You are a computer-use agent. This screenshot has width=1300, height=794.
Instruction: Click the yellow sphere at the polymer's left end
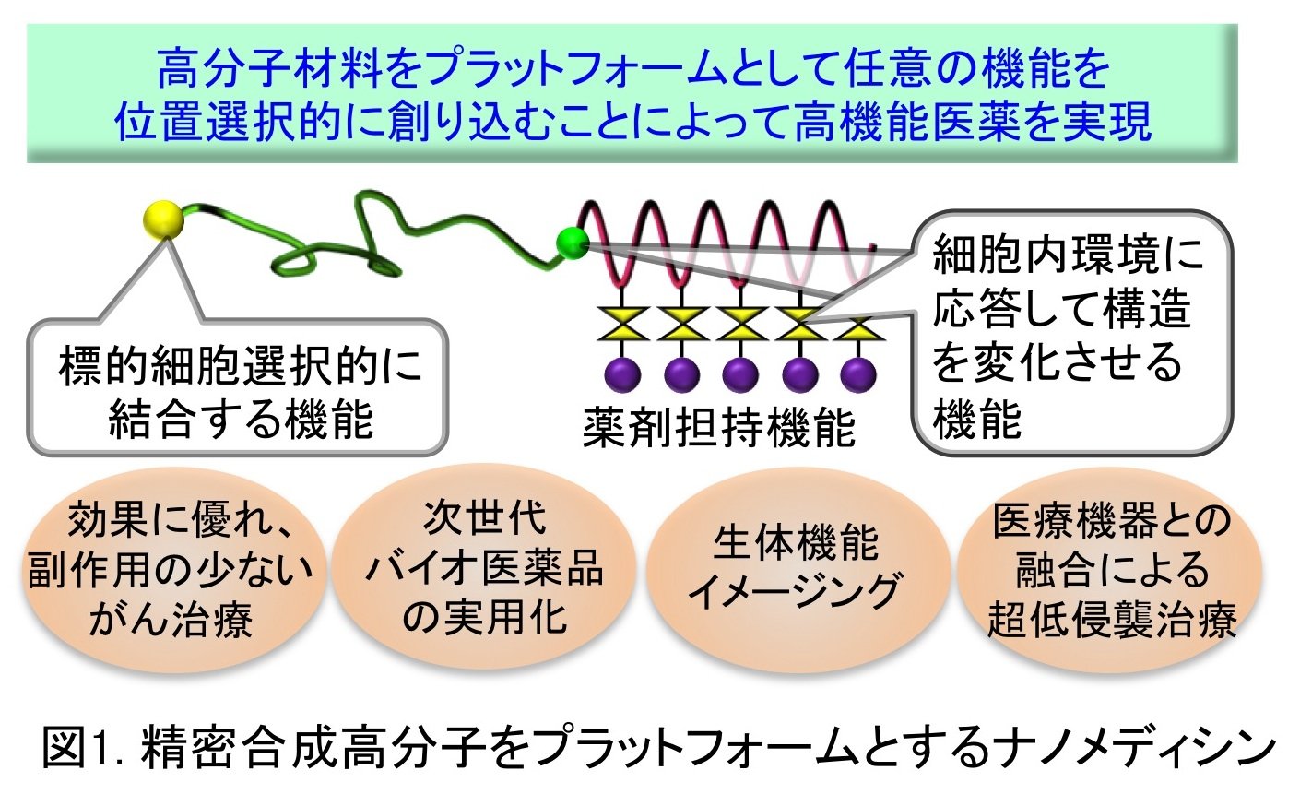[164, 219]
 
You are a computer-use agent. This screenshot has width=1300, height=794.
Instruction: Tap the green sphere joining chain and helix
[573, 243]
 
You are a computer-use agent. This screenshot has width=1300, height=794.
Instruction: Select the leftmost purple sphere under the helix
[622, 374]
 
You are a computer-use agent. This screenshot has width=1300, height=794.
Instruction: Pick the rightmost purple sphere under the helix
[858, 374]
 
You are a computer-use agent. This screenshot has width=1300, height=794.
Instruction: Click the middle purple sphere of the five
[740, 374]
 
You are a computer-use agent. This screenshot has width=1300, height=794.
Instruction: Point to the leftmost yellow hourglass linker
[622, 324]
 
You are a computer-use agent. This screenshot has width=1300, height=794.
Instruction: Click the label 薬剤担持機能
[719, 428]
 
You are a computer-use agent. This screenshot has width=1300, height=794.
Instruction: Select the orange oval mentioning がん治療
[171, 570]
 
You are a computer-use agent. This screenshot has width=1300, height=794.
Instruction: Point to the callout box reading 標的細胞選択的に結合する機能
[238, 386]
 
